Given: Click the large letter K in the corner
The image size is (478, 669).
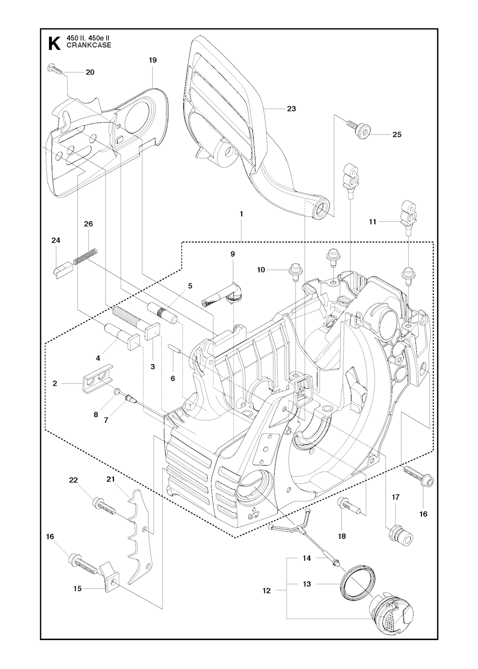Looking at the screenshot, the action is pyautogui.click(x=54, y=43).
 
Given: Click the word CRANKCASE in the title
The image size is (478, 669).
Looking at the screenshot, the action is pyautogui.click(x=89, y=45).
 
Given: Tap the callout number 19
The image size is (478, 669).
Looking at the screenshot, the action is pyautogui.click(x=152, y=60).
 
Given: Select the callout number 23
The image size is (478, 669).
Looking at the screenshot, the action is pyautogui.click(x=291, y=109).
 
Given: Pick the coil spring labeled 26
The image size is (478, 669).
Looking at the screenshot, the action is pyautogui.click(x=86, y=257).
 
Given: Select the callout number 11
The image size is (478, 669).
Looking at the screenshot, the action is pyautogui.click(x=373, y=222).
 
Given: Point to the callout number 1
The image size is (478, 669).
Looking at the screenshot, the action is pyautogui.click(x=241, y=214).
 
